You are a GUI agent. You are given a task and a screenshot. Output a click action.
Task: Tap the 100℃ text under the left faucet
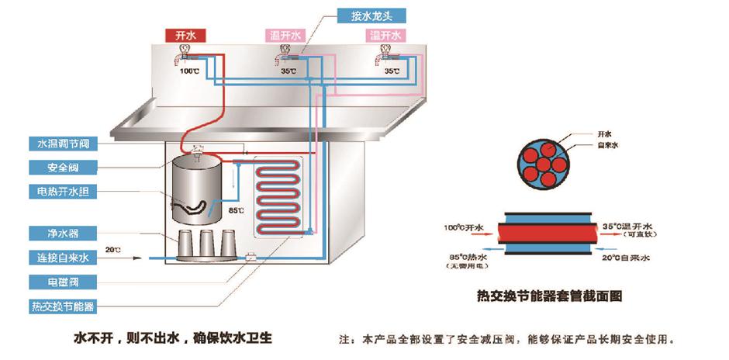[x=189, y=71]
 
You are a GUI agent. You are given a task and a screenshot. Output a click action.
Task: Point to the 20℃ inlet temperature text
[x=115, y=249]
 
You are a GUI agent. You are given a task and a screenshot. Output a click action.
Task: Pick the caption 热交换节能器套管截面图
[x=551, y=296]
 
